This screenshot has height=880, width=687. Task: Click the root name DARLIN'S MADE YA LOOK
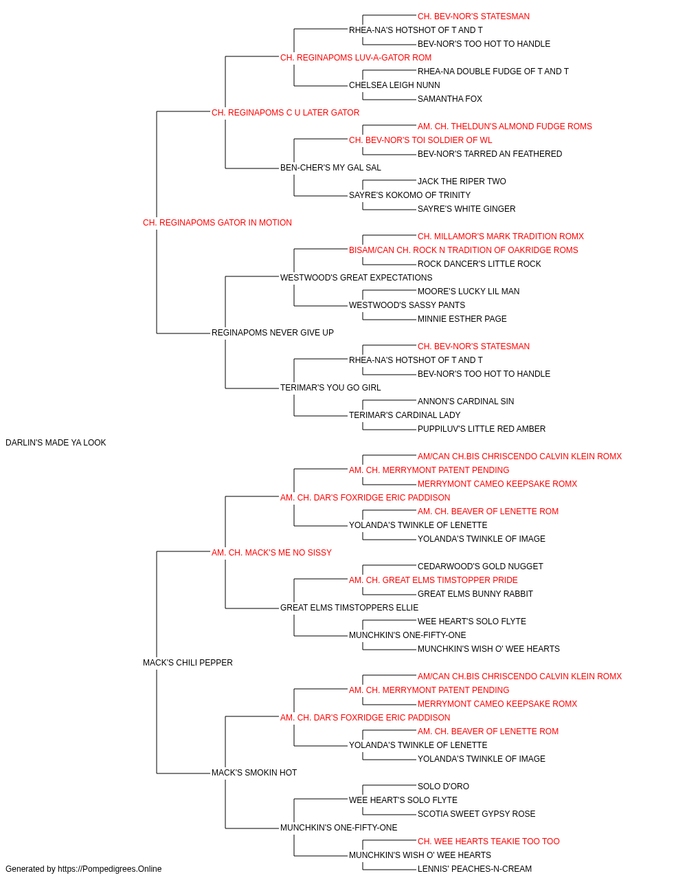56,443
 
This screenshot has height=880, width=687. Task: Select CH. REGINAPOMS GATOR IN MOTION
217,223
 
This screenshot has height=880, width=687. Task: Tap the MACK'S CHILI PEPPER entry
188,663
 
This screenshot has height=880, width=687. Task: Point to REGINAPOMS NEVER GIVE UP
273,333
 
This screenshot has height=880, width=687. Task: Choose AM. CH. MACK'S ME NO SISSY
271,552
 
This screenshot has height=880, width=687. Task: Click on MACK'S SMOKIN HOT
254,772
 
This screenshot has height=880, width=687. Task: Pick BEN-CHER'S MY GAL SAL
330,168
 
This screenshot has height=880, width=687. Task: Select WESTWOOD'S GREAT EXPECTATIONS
357,277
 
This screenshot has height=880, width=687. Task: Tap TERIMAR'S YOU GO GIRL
330,388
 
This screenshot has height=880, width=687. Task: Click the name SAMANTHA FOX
450,99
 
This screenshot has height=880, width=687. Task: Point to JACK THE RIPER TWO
462,181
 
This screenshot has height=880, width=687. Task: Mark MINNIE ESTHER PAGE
462,319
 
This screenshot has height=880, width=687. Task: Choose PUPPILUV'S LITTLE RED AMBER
482,429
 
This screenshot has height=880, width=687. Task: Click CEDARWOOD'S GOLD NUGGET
480,566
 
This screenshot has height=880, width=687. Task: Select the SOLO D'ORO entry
443,786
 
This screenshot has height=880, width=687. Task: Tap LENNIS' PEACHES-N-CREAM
475,869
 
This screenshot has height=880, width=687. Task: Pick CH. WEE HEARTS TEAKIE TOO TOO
488,841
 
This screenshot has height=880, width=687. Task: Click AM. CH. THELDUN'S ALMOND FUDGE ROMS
504,126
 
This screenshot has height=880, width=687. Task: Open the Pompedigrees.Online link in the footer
110,869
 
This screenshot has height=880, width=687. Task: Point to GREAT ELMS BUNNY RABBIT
475,594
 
